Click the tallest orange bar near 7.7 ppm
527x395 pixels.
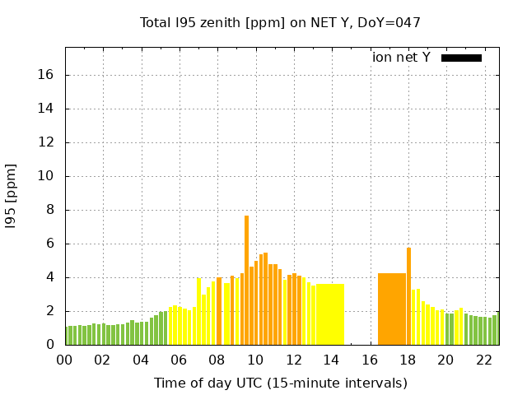pyautogui.click(x=246, y=280)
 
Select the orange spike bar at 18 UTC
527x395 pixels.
pyautogui.click(x=408, y=296)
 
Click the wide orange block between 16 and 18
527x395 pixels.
pyautogui.click(x=392, y=309)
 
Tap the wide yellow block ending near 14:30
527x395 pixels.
pyautogui.click(x=329, y=314)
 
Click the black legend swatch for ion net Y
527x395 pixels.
pyautogui.click(x=461, y=58)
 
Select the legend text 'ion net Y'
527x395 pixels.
pyautogui.click(x=401, y=58)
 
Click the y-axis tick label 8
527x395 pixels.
pyautogui.click(x=51, y=210)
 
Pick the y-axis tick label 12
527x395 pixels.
pyautogui.click(x=48, y=142)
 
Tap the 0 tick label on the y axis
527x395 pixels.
pyautogui.click(x=51, y=345)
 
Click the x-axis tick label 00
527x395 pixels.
pyautogui.click(x=64, y=360)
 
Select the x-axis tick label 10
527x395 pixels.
pyautogui.click(x=255, y=360)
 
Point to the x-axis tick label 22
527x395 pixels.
pyautogui.click(x=484, y=360)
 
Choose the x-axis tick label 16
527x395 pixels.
pyautogui.click(x=370, y=360)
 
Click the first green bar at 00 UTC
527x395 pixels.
pyautogui.click(x=68, y=336)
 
